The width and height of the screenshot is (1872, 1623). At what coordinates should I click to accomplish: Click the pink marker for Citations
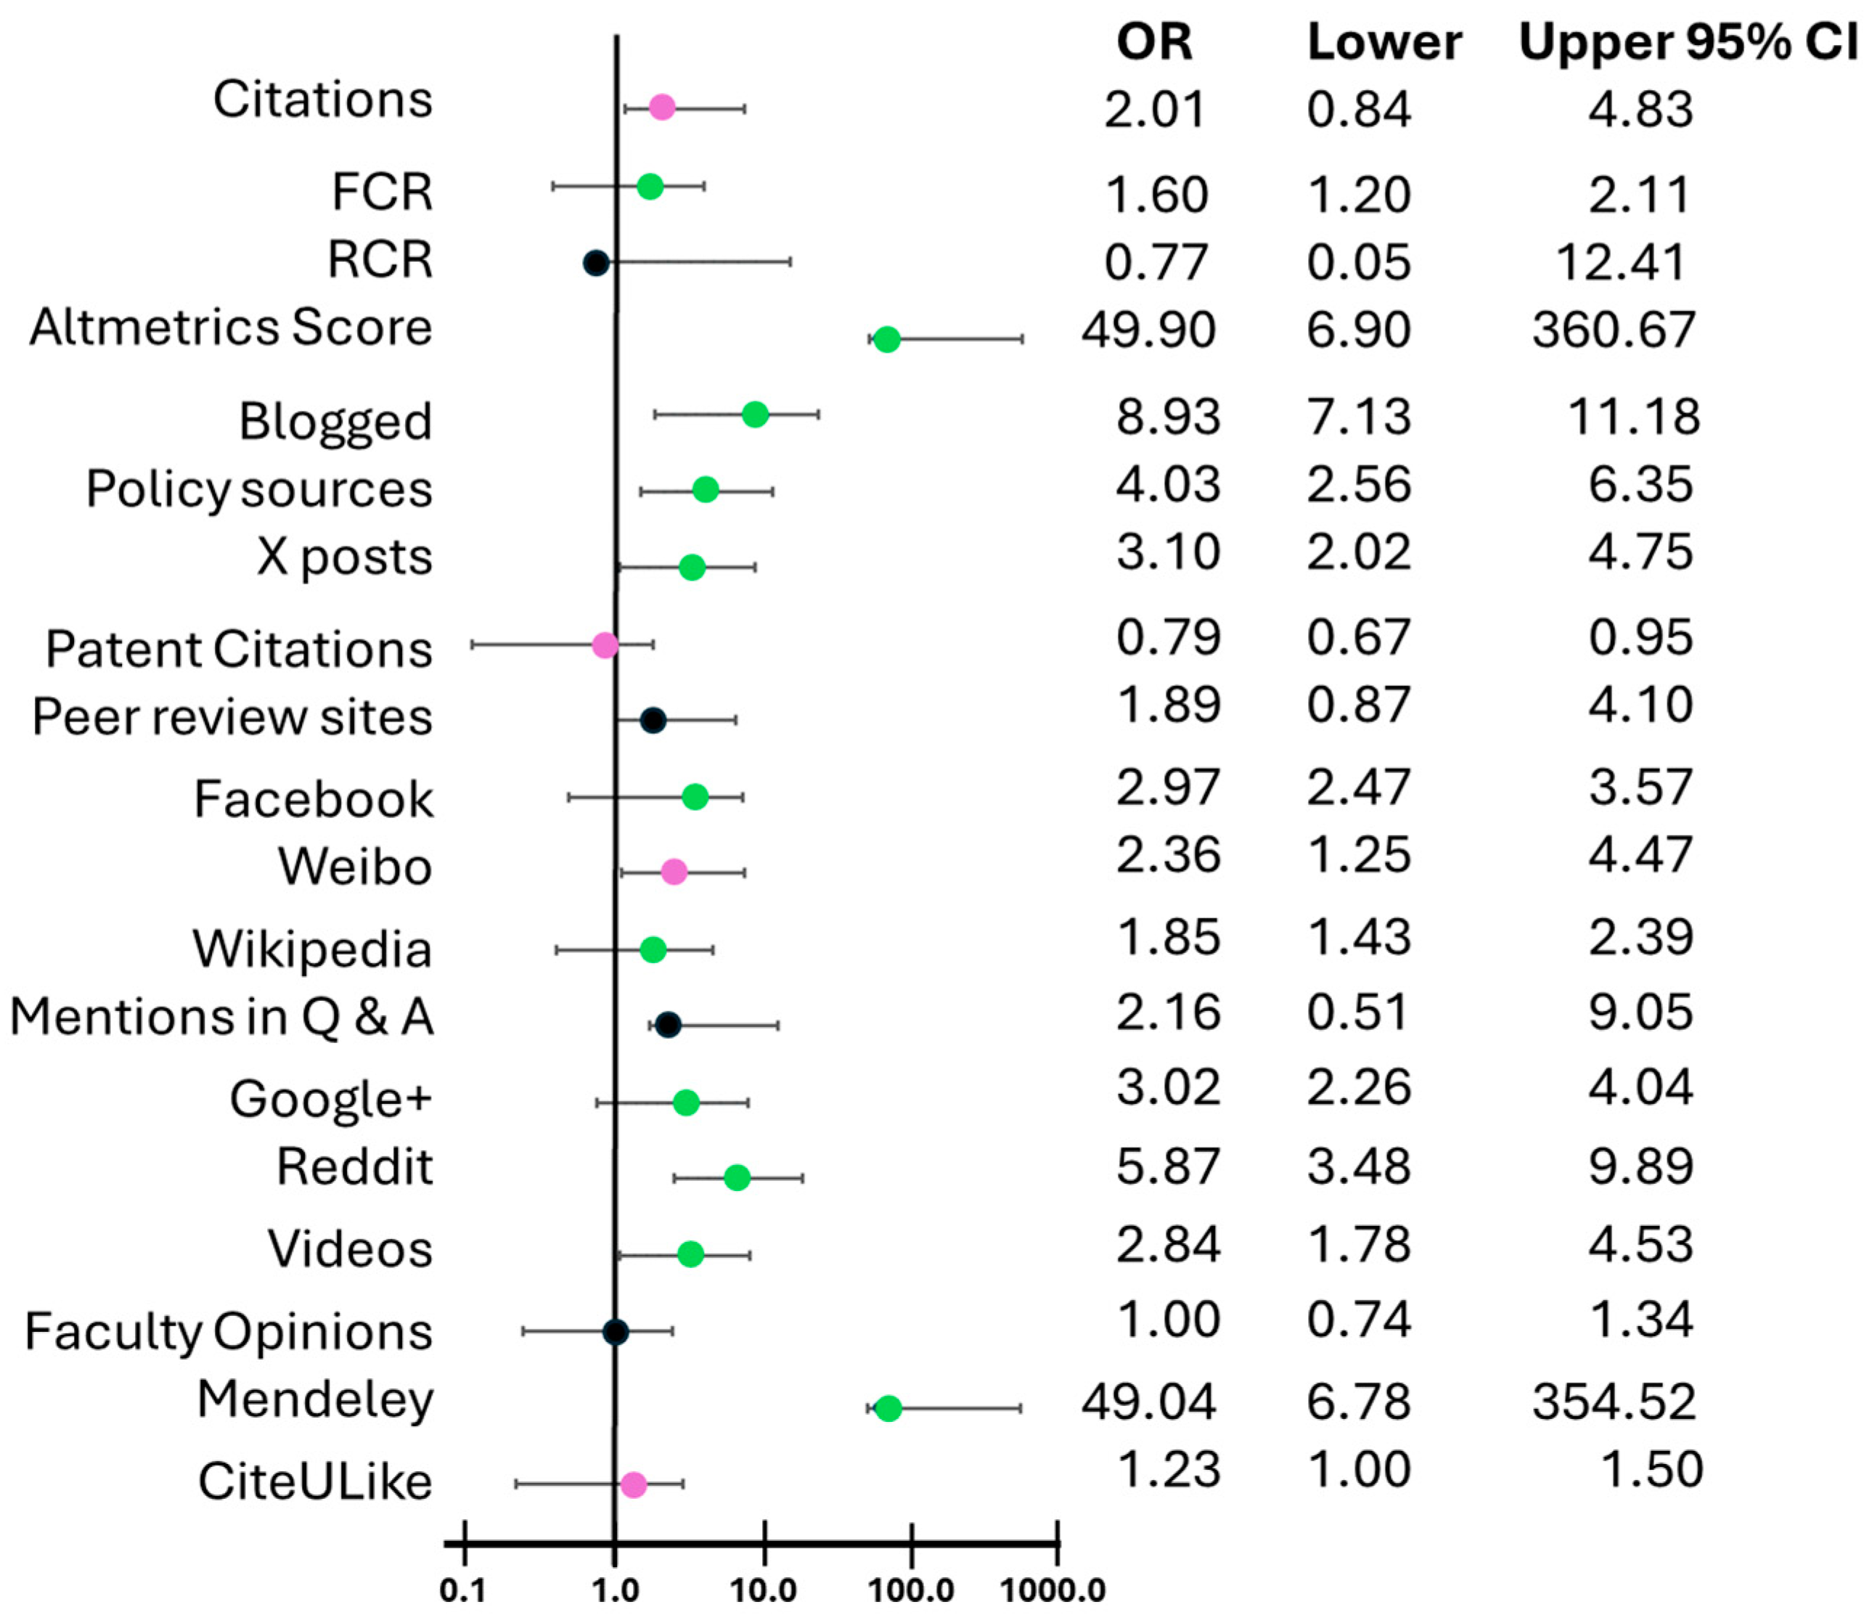click(x=662, y=107)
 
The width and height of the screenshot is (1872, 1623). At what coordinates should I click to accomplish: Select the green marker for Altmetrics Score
click(x=887, y=340)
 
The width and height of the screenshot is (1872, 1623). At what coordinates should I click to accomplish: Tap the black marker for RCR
click(x=596, y=263)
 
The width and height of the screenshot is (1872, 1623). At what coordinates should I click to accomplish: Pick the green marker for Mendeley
click(x=888, y=1408)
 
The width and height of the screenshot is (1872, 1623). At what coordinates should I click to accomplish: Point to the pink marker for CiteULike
click(x=633, y=1484)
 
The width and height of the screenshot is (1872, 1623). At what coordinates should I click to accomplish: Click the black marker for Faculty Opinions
click(x=615, y=1331)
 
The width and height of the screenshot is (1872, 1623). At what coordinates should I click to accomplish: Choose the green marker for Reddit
click(x=737, y=1177)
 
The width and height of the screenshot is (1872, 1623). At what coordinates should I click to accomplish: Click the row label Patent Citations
click(x=239, y=650)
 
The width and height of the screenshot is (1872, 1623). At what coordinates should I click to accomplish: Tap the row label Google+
click(x=330, y=1099)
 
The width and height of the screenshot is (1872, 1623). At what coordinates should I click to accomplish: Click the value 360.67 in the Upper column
click(x=1613, y=330)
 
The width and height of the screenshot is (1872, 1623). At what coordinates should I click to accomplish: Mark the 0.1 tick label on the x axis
click(x=463, y=1590)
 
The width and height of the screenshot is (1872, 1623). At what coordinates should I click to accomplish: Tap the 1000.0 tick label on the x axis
click(x=1053, y=1590)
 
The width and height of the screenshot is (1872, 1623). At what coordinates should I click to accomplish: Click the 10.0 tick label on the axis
click(x=764, y=1590)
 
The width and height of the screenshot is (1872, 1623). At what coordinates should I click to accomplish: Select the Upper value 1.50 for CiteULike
click(x=1652, y=1469)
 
